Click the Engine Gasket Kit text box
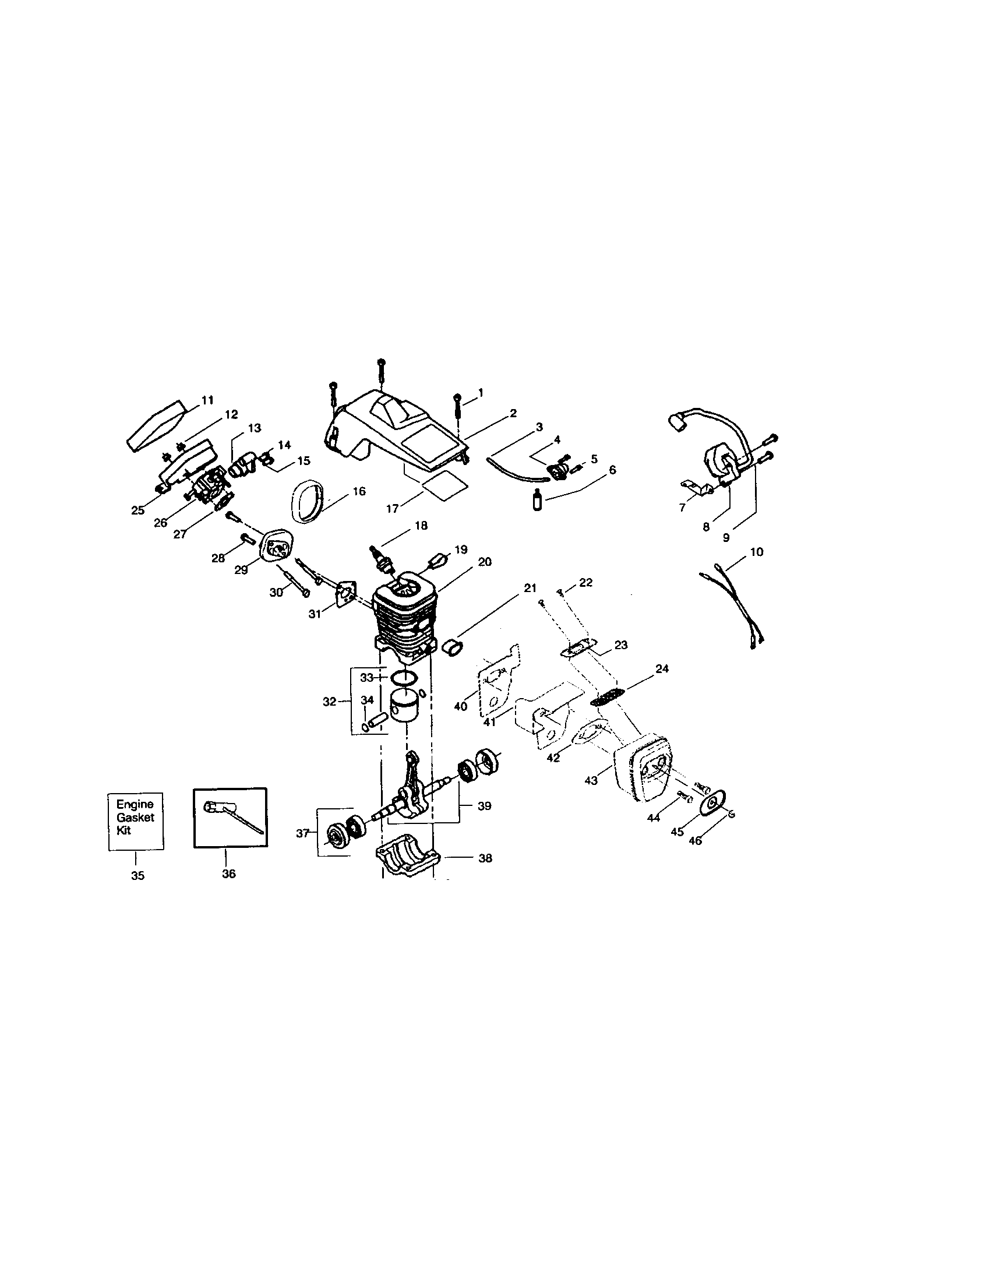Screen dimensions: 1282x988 pos(135,821)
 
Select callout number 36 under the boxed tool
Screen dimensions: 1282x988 pos(228,874)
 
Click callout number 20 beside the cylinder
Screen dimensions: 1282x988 pos(484,562)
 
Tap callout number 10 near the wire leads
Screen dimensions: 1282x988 pos(757,552)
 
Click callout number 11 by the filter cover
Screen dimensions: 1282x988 pos(207,400)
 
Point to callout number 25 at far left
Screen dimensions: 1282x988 pos(138,510)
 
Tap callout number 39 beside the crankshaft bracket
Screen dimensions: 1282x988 pos(484,806)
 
